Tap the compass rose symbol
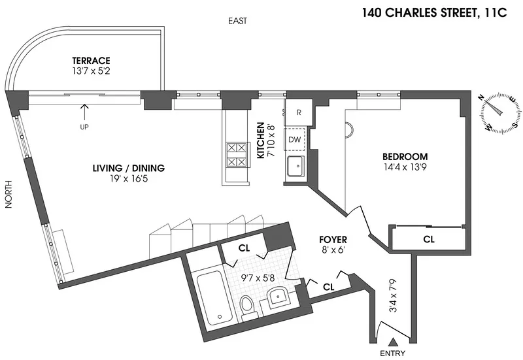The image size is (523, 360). tap(500, 112)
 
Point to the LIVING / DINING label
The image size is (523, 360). tap(128, 168)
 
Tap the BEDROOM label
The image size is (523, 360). tap(405, 157)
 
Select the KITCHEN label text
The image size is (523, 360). tap(260, 140)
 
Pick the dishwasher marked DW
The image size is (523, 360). tap(294, 139)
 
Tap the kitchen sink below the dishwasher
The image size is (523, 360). tap(295, 166)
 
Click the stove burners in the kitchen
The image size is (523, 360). tap(235, 155)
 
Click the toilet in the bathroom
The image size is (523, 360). tap(247, 306)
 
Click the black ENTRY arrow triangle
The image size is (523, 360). tap(392, 342)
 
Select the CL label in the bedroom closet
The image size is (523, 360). tap(428, 239)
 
